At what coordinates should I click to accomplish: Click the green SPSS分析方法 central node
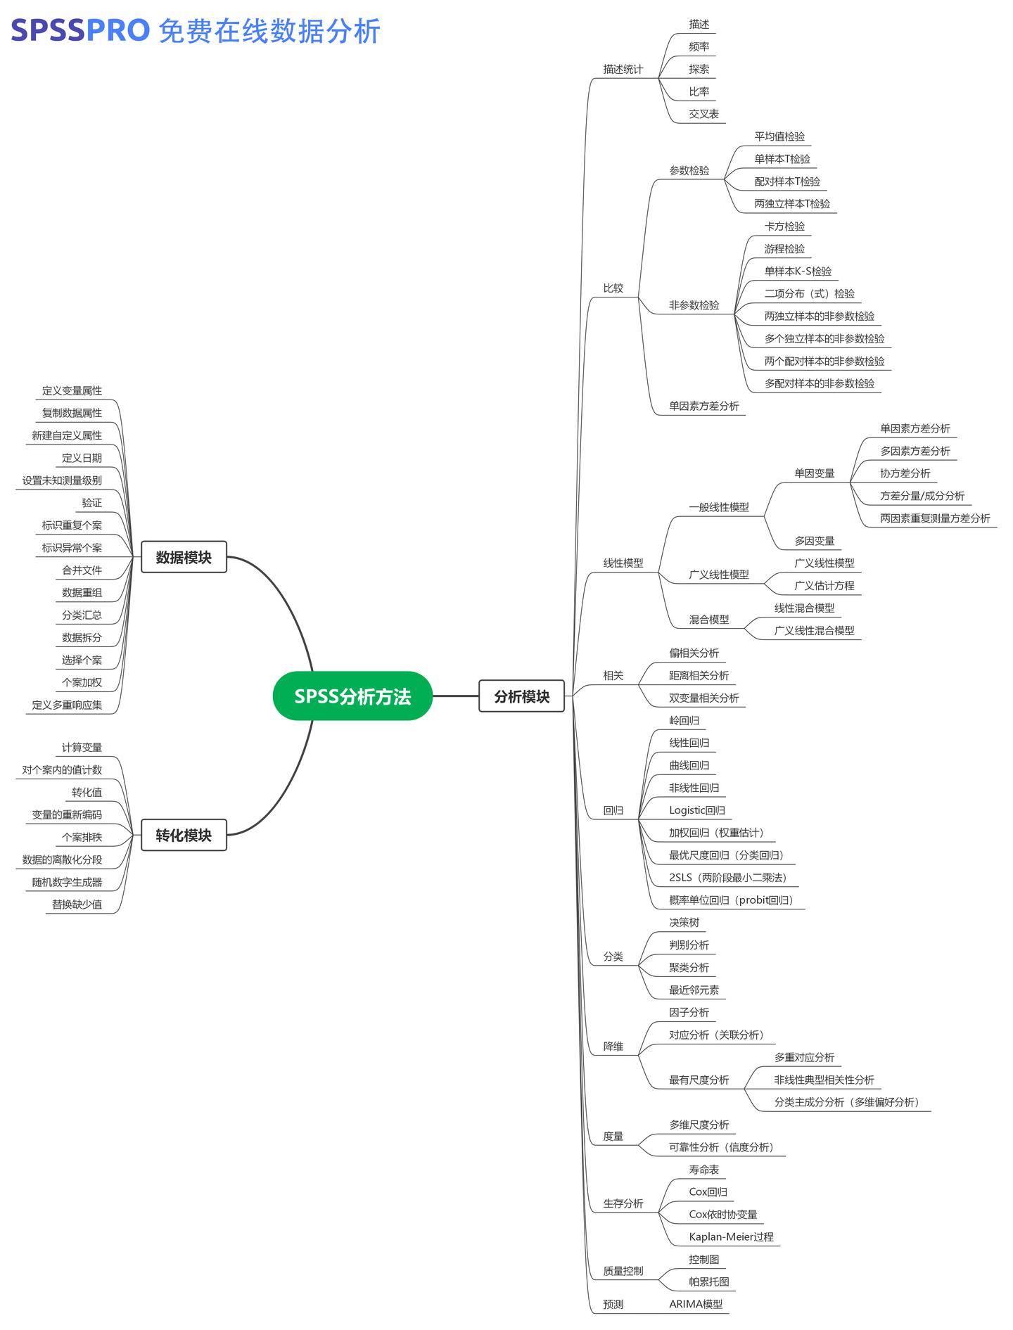(352, 696)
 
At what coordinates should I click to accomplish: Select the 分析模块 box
(521, 696)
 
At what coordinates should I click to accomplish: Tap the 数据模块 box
(184, 557)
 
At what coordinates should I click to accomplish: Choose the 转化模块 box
(184, 836)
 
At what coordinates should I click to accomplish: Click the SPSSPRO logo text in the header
(80, 31)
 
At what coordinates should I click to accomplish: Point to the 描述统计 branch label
(623, 69)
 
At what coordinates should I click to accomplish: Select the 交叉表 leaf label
(703, 114)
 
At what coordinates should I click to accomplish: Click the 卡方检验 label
(784, 226)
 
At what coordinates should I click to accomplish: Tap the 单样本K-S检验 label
(798, 271)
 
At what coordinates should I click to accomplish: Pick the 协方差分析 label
(905, 473)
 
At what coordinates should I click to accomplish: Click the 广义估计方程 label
(824, 586)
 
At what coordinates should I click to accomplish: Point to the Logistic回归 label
(696, 810)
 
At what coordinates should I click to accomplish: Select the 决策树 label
(684, 923)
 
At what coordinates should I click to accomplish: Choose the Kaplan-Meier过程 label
(731, 1237)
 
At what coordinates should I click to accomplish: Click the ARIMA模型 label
(695, 1304)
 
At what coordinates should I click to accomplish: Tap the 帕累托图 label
(708, 1281)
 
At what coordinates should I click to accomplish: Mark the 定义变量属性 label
(72, 390)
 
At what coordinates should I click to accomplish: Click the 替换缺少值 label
(77, 904)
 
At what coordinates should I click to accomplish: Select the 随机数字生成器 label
(67, 882)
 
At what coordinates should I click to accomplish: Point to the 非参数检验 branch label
(694, 305)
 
